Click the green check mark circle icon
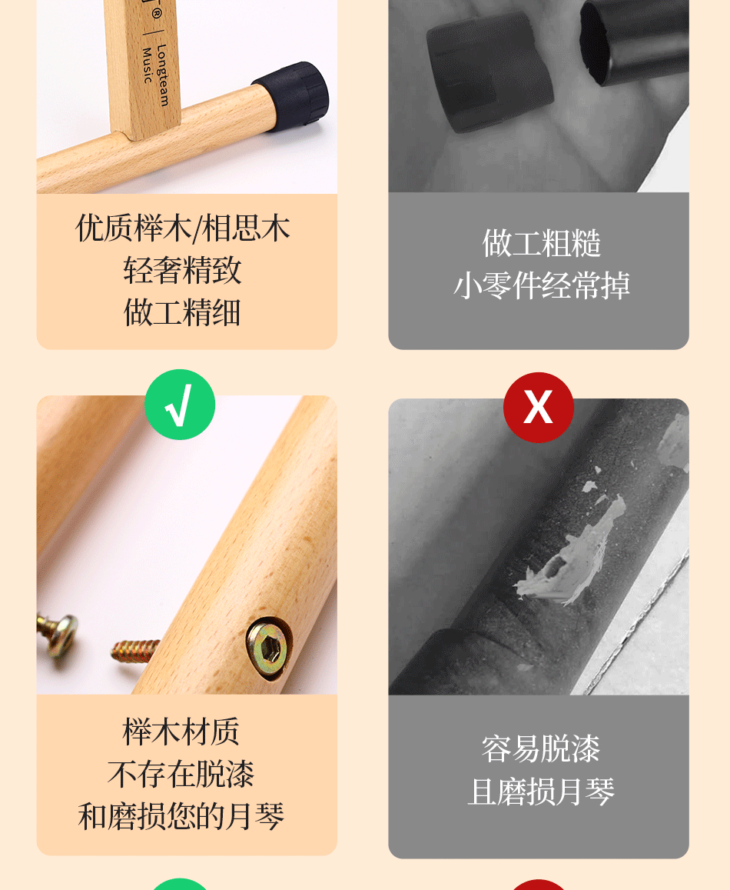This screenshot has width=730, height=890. point(180,405)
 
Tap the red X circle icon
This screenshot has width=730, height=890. point(538,407)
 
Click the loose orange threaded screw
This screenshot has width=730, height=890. point(135,651)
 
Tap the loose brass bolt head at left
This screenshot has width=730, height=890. point(58,632)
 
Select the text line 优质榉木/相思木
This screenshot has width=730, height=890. point(183,228)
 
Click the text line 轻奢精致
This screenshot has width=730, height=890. point(183,270)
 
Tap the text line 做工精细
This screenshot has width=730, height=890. point(183,312)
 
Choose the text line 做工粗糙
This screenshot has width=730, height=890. point(541,243)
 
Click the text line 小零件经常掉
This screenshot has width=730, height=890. point(541,285)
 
